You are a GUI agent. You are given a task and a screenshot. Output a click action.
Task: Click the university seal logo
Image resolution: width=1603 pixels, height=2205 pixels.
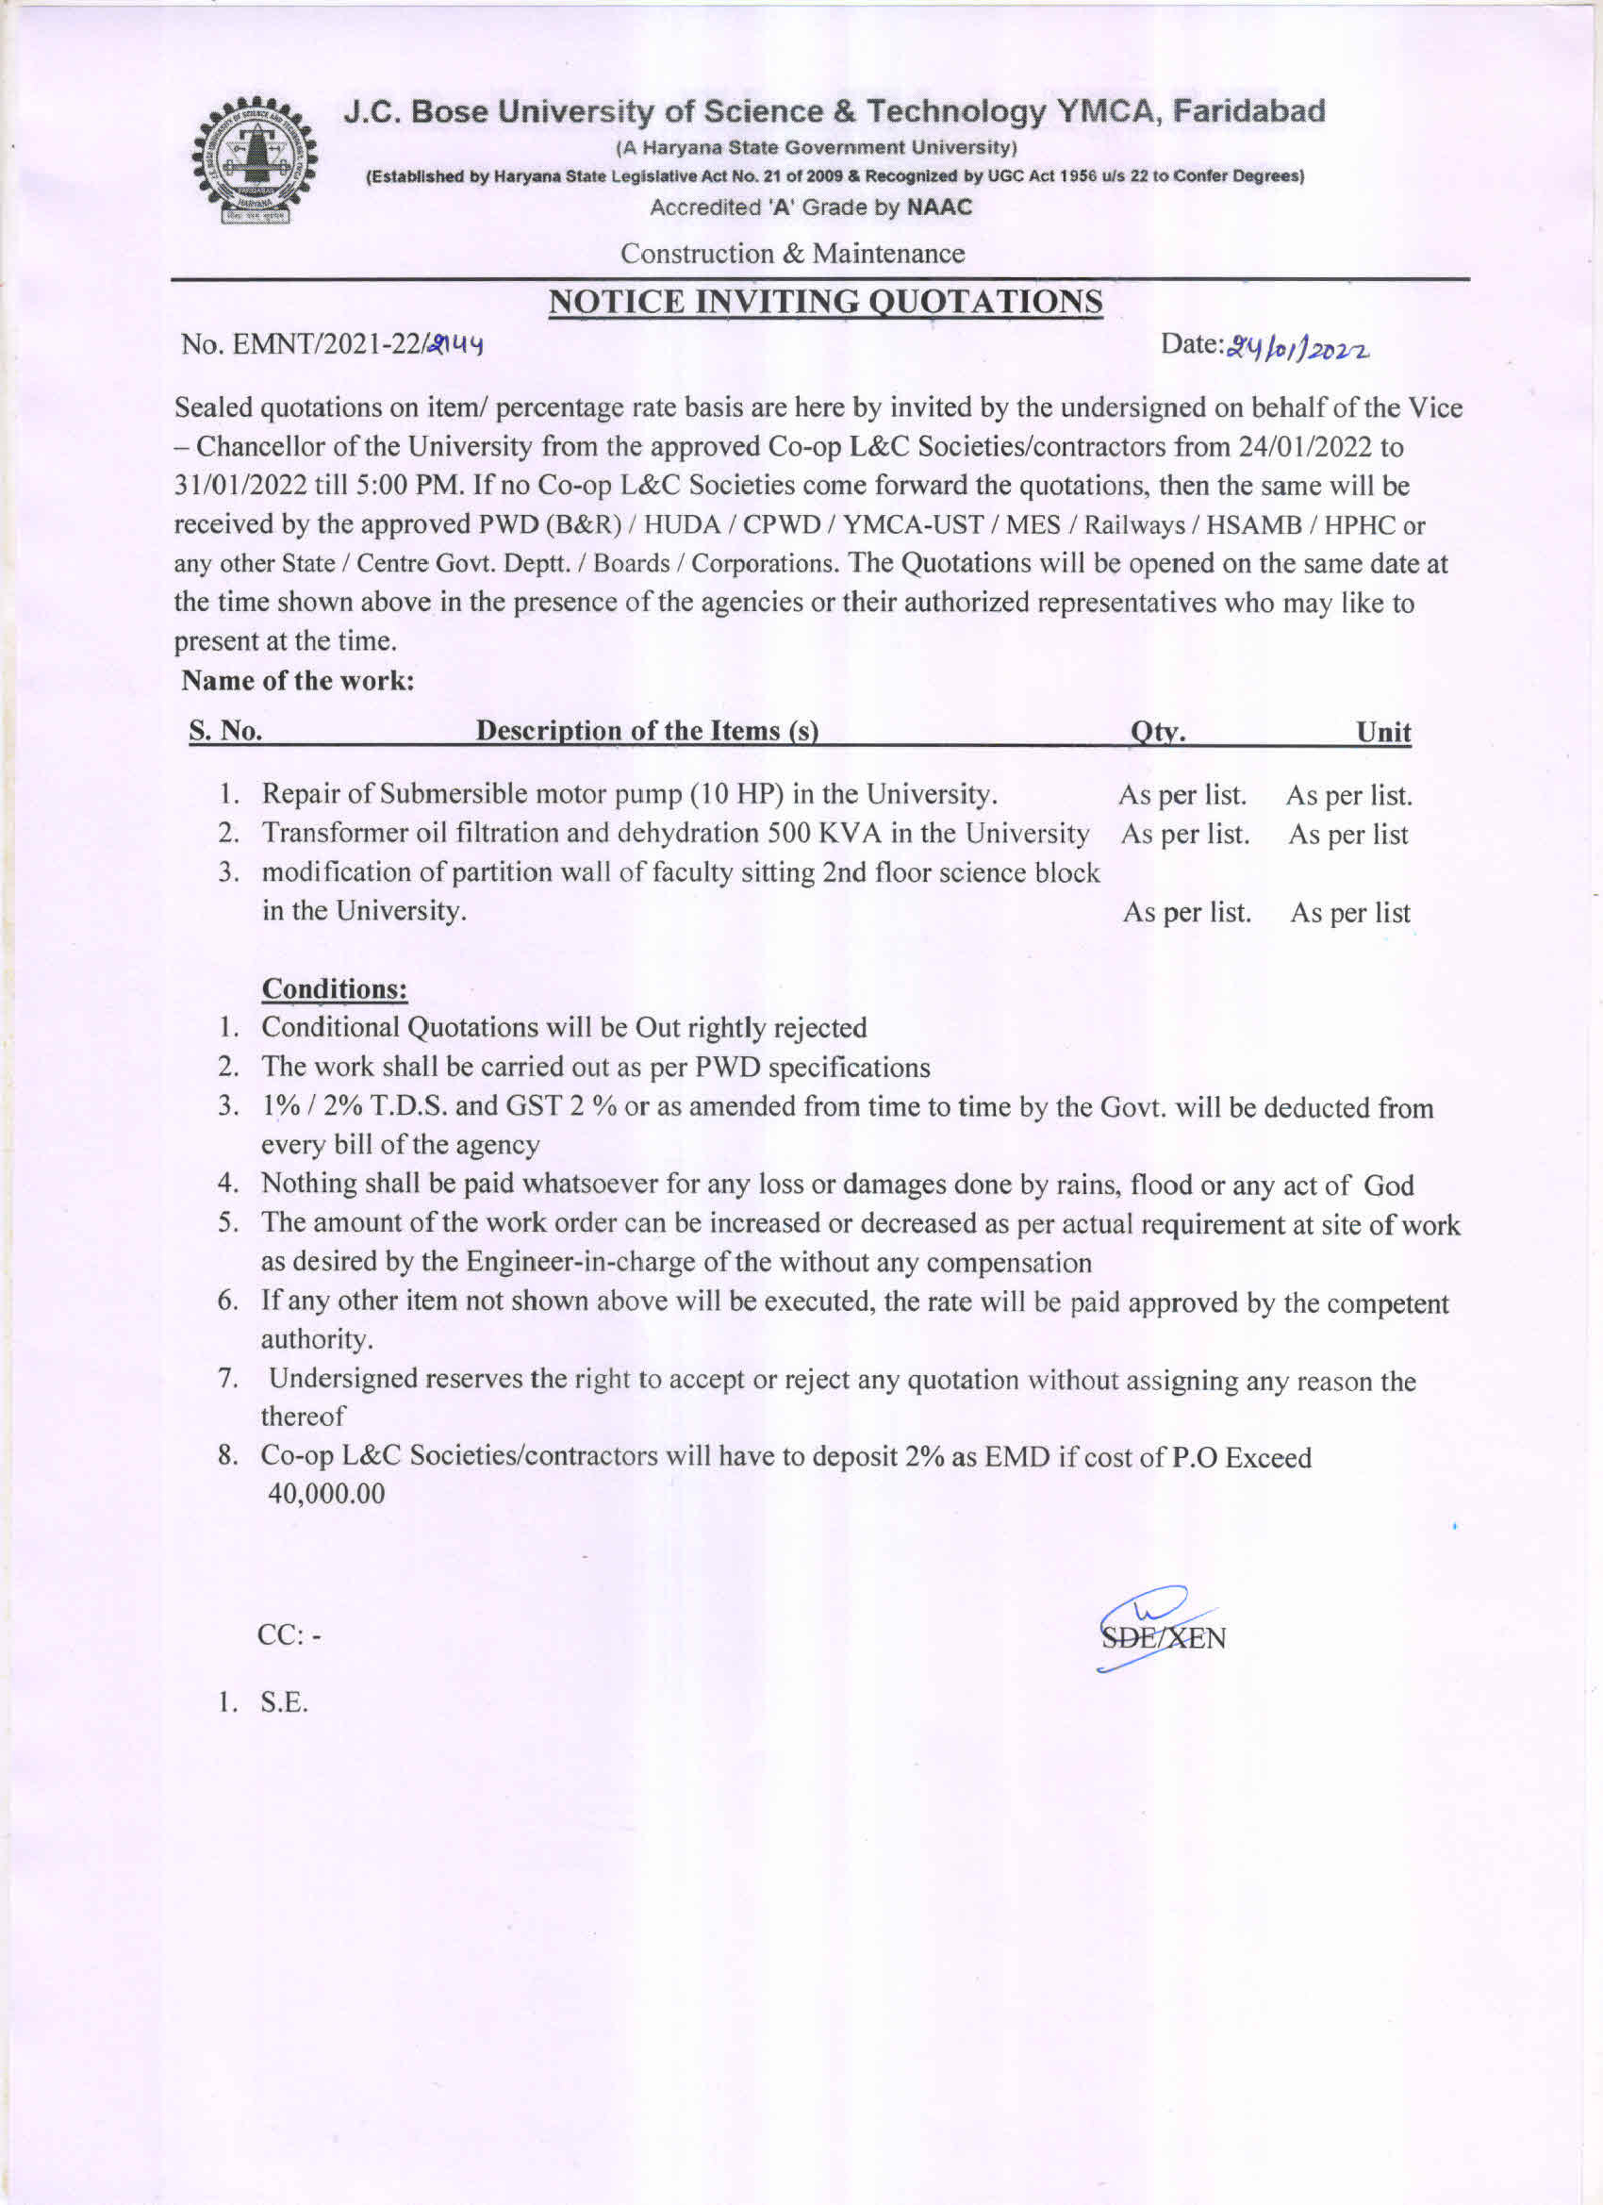click(255, 162)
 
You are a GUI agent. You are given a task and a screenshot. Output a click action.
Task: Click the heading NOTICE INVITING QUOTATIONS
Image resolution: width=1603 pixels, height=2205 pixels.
click(825, 302)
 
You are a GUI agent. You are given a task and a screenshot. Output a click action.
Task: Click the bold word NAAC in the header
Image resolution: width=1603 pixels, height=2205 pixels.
click(939, 207)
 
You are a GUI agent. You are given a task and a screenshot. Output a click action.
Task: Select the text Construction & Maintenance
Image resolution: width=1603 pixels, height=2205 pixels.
click(792, 254)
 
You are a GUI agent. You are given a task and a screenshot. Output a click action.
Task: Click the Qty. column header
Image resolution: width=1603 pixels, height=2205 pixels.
click(1157, 731)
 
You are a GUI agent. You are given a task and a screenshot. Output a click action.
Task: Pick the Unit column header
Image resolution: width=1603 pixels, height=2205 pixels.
click(1383, 732)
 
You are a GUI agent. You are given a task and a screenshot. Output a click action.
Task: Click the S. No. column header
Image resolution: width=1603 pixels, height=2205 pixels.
click(225, 730)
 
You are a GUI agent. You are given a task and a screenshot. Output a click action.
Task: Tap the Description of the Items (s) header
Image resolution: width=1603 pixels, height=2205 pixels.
click(647, 730)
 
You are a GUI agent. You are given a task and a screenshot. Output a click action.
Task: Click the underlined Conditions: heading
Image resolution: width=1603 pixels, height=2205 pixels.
click(335, 988)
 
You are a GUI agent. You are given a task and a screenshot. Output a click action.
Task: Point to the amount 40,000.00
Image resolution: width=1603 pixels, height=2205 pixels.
click(325, 1494)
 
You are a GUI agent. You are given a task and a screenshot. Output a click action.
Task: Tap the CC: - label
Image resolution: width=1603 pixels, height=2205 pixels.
click(289, 1635)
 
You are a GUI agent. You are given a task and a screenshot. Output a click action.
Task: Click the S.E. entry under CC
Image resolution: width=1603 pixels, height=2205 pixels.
click(284, 1702)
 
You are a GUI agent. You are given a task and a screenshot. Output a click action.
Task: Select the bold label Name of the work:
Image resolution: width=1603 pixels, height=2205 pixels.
click(298, 681)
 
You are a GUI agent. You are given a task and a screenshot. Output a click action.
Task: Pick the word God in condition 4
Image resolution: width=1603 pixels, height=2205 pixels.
click(1388, 1185)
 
